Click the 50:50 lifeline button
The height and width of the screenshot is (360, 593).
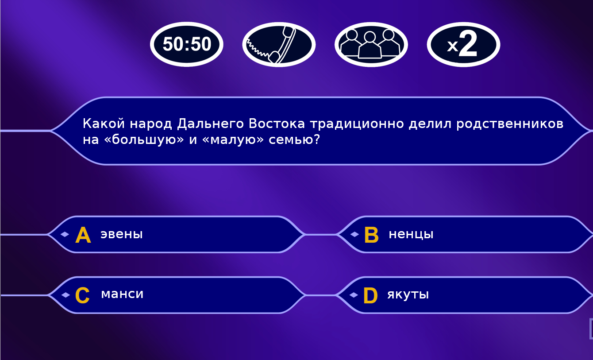tap(187, 44)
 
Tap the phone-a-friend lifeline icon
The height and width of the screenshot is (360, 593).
tap(279, 45)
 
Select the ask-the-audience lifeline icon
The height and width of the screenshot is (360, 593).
tap(371, 45)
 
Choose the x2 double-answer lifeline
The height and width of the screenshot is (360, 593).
tap(463, 45)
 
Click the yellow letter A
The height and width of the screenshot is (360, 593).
tap(83, 235)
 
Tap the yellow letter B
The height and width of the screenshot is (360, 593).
tap(371, 235)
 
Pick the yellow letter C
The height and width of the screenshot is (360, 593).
tap(82, 295)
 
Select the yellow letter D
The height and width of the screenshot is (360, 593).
tap(371, 295)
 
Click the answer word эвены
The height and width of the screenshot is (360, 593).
tap(122, 234)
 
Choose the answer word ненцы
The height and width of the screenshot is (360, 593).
tap(411, 234)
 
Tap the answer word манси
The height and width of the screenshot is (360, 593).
tap(122, 294)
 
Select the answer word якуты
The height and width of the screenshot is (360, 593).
tap(408, 294)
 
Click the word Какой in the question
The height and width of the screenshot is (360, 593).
tap(104, 124)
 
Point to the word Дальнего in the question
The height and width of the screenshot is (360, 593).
tap(211, 124)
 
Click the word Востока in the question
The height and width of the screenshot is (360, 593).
tap(277, 124)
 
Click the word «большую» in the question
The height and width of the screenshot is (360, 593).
tap(144, 139)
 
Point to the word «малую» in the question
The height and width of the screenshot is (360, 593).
tap(233, 139)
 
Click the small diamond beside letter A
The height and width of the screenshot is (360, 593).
tap(65, 234)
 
